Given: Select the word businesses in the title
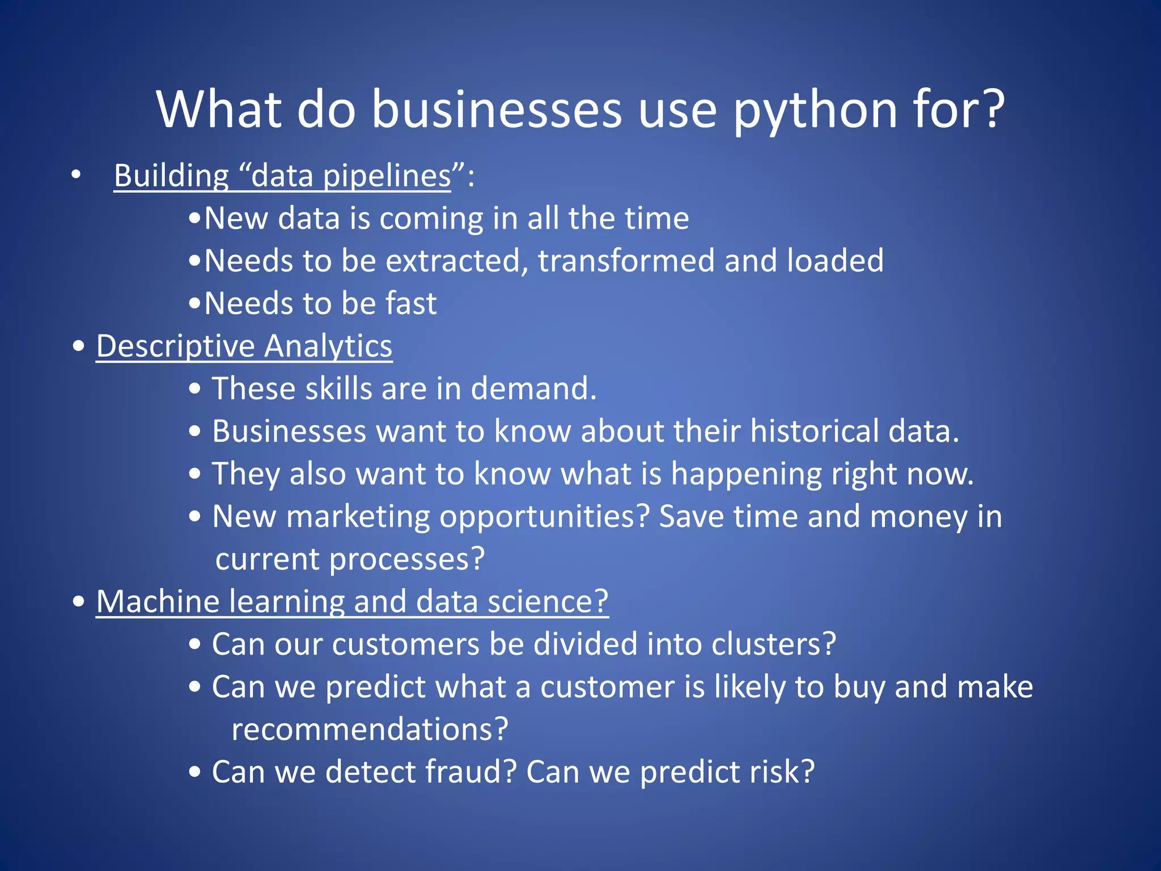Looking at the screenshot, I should (497, 110).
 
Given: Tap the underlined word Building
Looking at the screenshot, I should (171, 176).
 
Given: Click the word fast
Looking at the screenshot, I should (411, 303).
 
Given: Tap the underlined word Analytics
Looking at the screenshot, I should (328, 346).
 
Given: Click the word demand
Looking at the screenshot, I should (533, 389).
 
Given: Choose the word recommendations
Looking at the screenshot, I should (370, 730).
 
